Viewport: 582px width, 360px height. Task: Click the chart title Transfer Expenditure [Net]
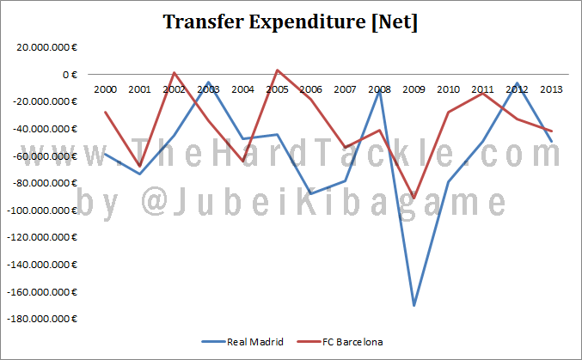291,22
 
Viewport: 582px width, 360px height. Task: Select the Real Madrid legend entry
255,341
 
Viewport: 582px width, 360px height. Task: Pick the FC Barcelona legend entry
352,341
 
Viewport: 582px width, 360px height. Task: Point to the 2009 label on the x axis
413,88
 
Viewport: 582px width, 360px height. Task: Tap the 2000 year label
106,88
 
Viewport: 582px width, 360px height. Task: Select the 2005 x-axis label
277,88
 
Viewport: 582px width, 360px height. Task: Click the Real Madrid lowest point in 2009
414,305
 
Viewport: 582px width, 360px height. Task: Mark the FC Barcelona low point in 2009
414,198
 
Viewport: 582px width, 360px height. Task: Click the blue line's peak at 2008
379,89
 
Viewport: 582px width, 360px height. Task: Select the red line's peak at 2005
277,70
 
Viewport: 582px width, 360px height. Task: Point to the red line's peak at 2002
175,72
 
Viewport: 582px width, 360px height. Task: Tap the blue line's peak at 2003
208,82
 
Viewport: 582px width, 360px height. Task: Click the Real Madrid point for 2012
516,83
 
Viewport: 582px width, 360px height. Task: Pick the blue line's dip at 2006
311,193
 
